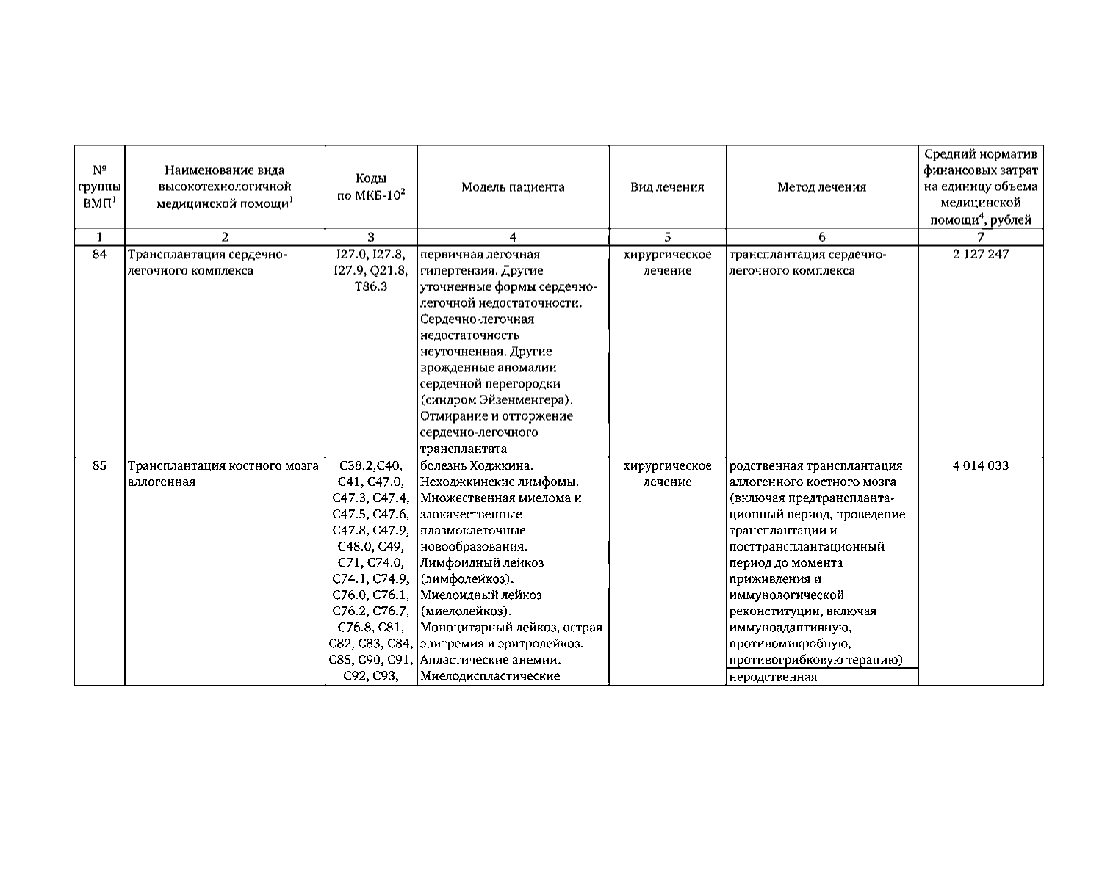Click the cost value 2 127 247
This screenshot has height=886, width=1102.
coord(981,254)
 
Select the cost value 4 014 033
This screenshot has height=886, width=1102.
coord(981,465)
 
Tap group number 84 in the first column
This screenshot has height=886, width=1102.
coord(100,254)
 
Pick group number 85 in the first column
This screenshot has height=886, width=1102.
coord(100,465)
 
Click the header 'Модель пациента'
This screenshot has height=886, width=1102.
coord(513,187)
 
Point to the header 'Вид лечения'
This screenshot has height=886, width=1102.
coord(667,187)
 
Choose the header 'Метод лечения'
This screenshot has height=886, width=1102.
coord(821,187)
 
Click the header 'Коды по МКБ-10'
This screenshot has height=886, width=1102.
coord(371,187)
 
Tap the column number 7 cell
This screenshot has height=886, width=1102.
coord(981,236)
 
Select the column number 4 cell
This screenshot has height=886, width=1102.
coord(513,236)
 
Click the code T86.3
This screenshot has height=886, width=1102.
coord(371,286)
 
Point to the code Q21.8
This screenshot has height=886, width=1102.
coord(389,270)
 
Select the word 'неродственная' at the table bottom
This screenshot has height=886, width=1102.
coord(773,677)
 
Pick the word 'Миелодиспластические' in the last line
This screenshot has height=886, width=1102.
coord(490,675)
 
